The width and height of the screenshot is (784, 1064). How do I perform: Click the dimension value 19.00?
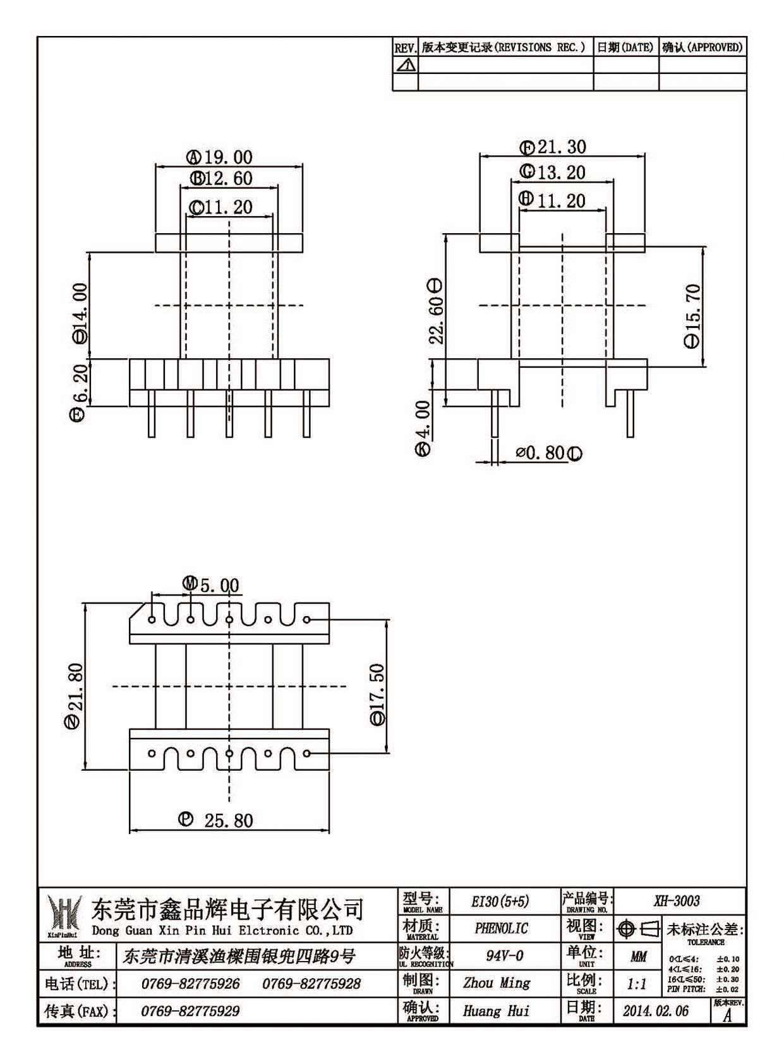tap(229, 157)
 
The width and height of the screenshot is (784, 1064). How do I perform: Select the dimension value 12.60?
tap(229, 179)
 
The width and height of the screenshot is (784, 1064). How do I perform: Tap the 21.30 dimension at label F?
tap(562, 147)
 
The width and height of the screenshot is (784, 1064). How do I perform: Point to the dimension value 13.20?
tap(561, 172)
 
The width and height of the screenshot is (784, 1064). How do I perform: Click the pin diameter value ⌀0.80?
tap(541, 453)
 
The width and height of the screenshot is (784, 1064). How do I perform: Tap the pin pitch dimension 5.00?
tap(219, 585)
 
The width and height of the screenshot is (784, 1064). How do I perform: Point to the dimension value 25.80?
tap(229, 821)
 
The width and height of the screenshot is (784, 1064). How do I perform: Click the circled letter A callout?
tap(194, 157)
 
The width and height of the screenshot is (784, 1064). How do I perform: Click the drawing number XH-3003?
tap(677, 901)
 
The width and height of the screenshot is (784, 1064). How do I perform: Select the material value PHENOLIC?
tap(502, 928)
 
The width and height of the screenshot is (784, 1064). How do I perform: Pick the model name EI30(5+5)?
tap(500, 902)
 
